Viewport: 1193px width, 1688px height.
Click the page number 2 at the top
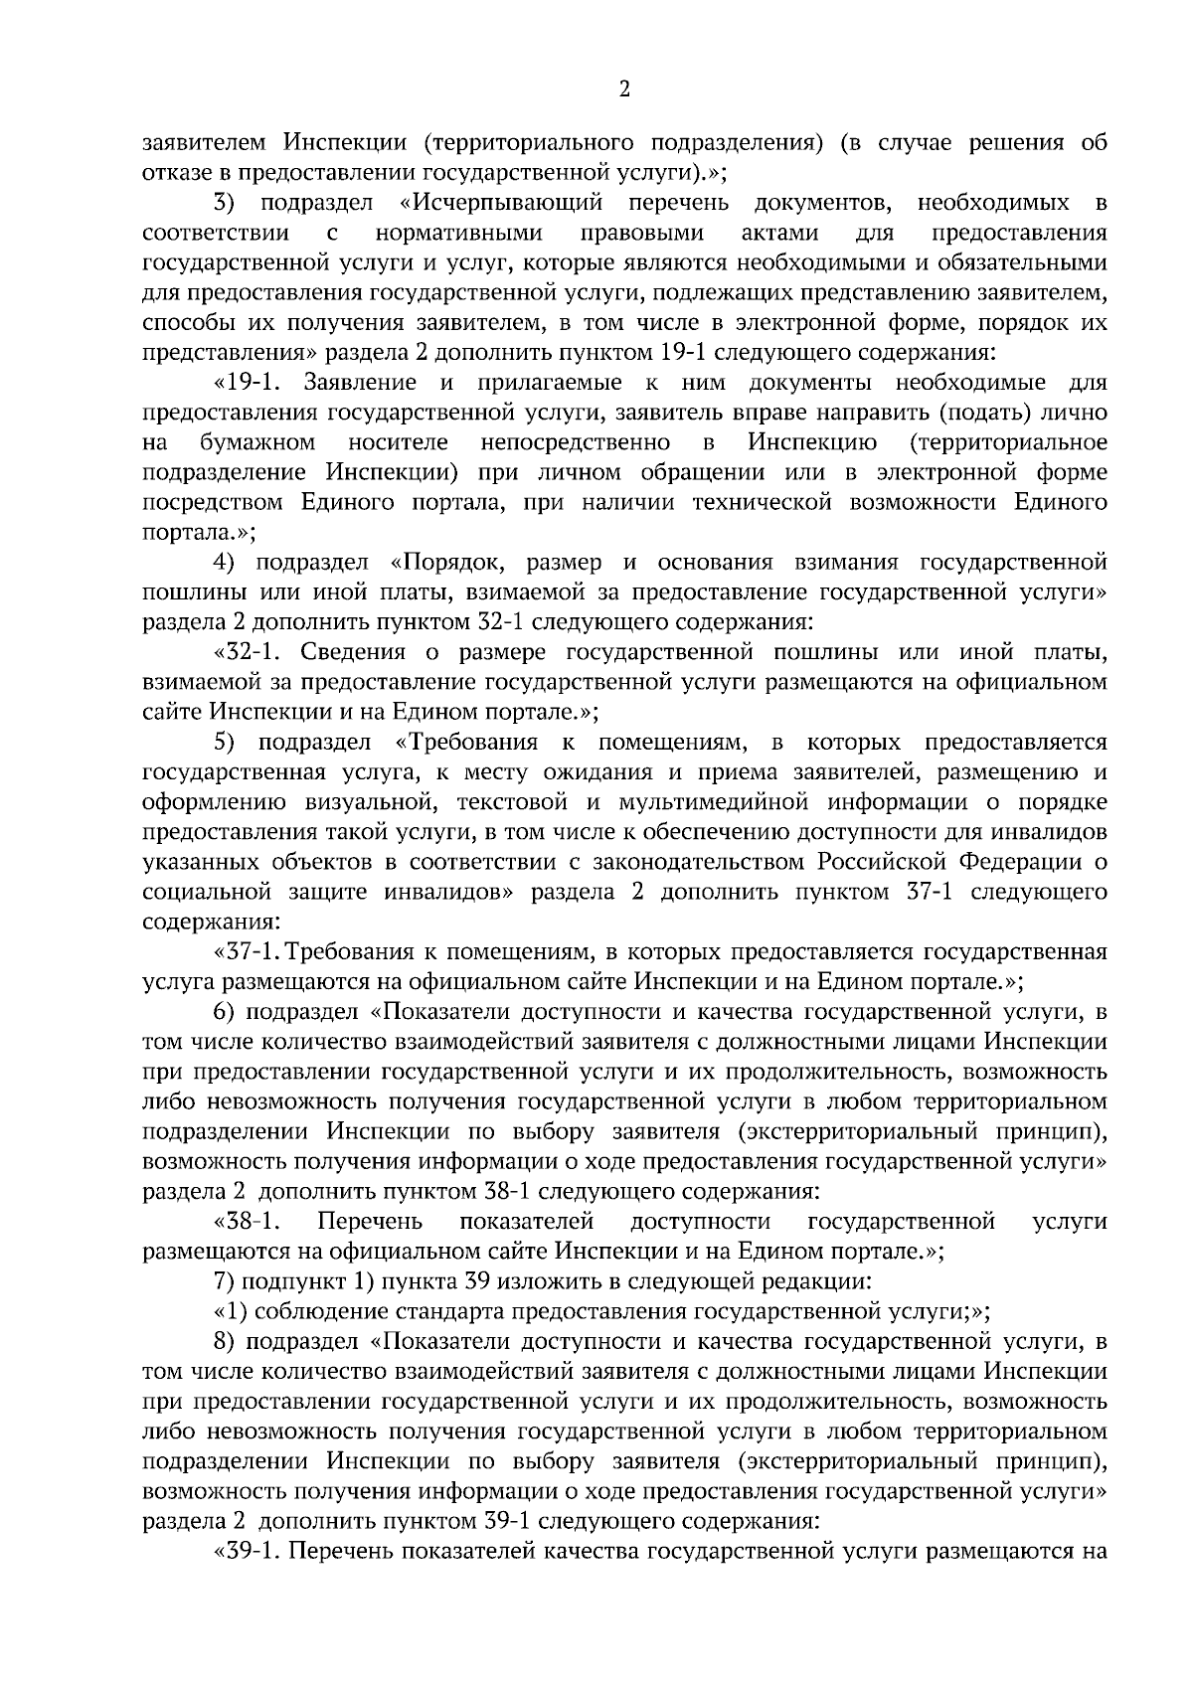tap(623, 90)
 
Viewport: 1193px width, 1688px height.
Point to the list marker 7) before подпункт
tap(224, 1281)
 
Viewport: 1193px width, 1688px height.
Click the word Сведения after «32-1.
tap(353, 652)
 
